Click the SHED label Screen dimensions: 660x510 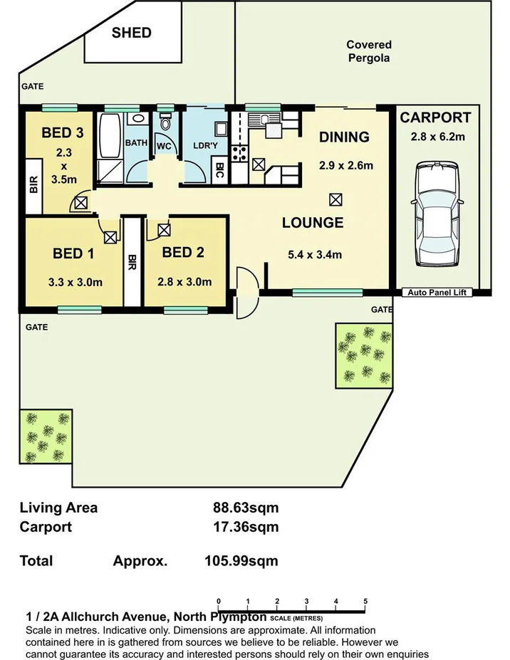(131, 33)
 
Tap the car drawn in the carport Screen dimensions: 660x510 (436, 213)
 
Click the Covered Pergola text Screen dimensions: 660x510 (369, 52)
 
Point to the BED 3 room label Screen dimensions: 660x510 (62, 132)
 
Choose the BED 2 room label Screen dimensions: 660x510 (184, 252)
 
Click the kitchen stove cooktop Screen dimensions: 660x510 (239, 152)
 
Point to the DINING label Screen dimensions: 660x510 (344, 137)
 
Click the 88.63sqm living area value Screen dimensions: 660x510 (246, 508)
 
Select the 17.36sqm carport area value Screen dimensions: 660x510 (246, 527)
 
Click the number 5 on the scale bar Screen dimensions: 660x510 (365, 602)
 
